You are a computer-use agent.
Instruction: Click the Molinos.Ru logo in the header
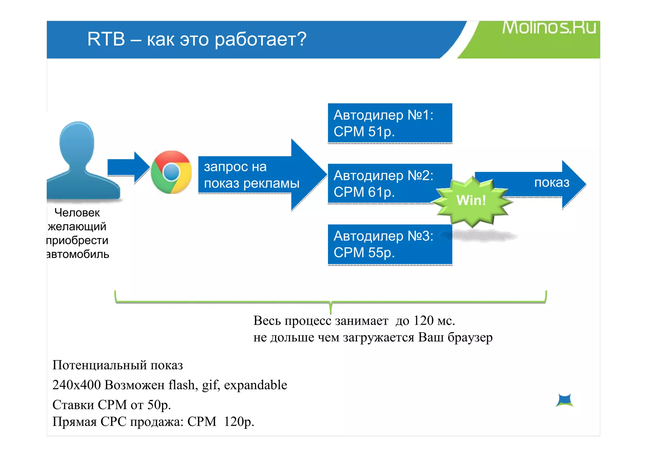(549, 27)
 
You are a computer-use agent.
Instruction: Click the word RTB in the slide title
(106, 39)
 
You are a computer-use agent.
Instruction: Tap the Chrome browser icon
(171, 172)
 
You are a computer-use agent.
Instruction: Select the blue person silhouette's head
(77, 141)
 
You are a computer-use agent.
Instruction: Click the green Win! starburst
(471, 200)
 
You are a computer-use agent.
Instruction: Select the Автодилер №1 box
(390, 123)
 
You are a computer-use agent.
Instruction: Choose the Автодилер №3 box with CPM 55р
(390, 244)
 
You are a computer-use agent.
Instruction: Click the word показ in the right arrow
(552, 183)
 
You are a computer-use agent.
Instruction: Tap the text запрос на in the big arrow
(235, 167)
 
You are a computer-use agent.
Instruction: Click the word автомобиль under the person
(78, 254)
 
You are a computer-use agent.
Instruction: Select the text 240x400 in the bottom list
(76, 385)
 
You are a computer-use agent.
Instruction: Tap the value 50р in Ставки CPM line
(159, 405)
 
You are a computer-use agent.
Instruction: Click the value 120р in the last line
(239, 422)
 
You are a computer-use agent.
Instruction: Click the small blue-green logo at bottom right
(564, 400)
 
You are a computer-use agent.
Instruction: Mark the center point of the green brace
(330, 303)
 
